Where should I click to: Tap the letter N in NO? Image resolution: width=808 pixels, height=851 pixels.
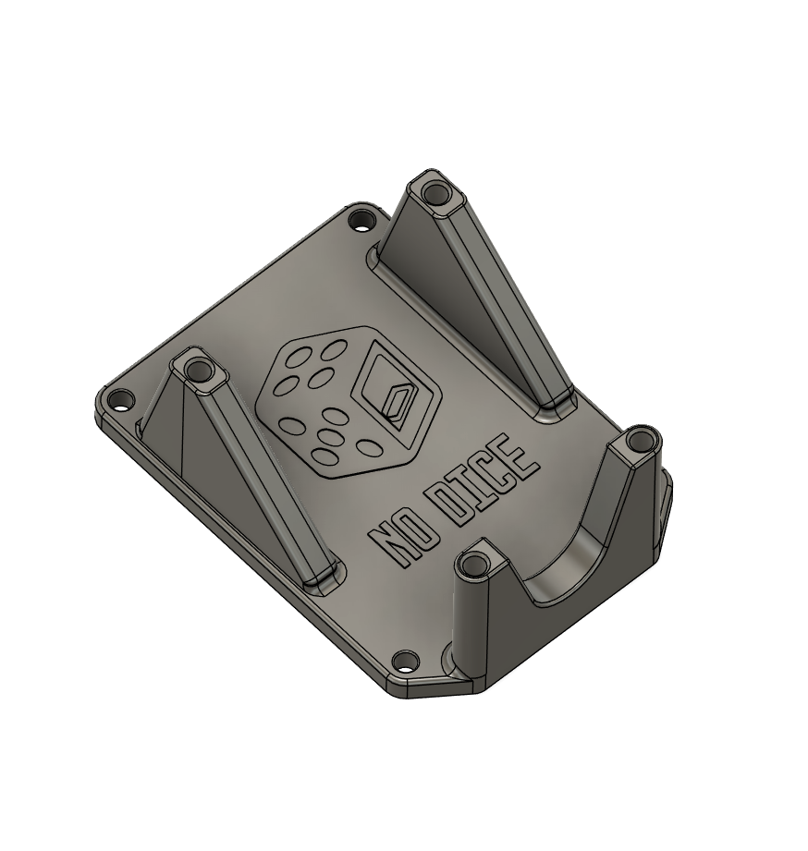(x=393, y=545)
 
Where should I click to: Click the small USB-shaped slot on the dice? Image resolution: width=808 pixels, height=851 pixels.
(x=398, y=403)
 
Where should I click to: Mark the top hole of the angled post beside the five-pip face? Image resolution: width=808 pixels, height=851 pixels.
(x=198, y=371)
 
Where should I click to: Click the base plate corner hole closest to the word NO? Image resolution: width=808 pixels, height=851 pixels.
(x=404, y=662)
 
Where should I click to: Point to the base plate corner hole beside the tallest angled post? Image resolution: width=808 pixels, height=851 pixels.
(x=360, y=221)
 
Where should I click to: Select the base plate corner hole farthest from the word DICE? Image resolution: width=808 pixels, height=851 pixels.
(x=120, y=400)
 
